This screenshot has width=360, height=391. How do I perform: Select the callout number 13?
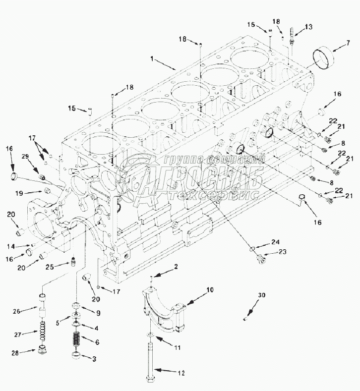tap(308, 27)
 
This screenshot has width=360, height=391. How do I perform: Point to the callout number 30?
tap(262, 295)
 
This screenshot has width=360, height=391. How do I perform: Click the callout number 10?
tap(210, 288)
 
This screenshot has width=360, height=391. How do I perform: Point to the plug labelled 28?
tap(44, 352)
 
